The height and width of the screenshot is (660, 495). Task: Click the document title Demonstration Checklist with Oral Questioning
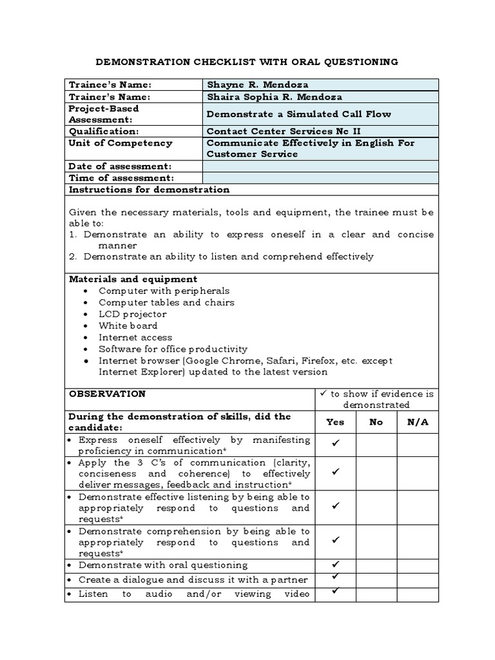point(247,62)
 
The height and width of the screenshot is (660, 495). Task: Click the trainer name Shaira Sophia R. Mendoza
point(274,97)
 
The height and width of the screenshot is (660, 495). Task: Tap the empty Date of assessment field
point(320,166)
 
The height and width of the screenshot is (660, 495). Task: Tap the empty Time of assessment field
point(320,178)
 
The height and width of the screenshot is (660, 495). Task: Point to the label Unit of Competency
point(121,143)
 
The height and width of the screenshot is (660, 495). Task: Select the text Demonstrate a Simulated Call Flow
point(298,114)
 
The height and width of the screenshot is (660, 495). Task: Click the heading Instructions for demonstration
point(149,189)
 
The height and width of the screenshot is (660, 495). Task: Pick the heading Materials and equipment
point(133,279)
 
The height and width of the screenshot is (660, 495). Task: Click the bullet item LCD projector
point(132,314)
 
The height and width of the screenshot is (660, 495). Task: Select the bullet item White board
point(128,325)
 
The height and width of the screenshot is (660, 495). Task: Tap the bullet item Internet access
point(135,337)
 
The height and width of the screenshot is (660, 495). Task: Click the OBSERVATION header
point(107,394)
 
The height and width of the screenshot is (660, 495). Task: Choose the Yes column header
point(335,422)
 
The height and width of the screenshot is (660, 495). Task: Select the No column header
point(376,422)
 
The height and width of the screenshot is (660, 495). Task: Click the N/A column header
point(418,422)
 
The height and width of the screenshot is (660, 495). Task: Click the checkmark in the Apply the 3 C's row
point(335,472)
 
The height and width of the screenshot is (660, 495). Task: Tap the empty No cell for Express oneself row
point(376,444)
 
